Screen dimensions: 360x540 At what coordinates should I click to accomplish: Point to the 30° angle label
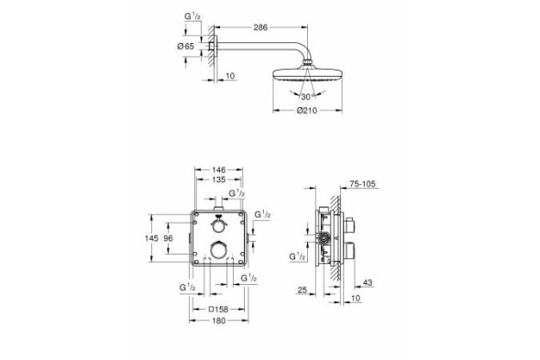(x=310, y=95)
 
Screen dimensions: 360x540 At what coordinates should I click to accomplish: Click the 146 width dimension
(x=218, y=170)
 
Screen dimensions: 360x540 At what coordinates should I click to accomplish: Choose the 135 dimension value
(x=218, y=181)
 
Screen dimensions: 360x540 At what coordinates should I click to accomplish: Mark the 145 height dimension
(x=152, y=237)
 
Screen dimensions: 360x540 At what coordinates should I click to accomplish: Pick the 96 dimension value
(x=169, y=237)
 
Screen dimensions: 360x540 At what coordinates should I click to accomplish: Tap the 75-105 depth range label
(x=363, y=183)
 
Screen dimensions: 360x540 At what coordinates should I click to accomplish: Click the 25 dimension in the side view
(x=303, y=290)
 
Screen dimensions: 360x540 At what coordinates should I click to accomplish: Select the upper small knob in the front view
(x=218, y=225)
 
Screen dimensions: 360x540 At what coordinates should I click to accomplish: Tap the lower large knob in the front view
(x=218, y=250)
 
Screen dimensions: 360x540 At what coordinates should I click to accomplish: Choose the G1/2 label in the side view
(x=296, y=258)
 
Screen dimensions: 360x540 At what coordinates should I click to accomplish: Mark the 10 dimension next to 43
(x=355, y=299)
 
